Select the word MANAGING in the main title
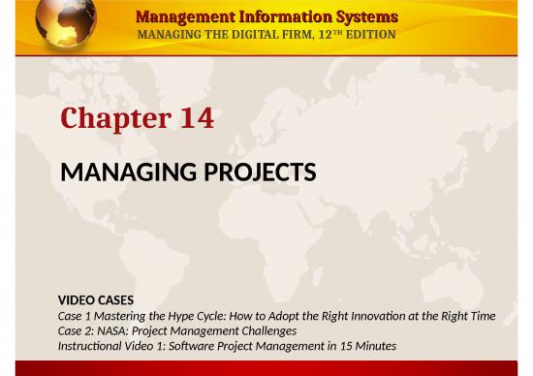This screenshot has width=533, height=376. point(121,172)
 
